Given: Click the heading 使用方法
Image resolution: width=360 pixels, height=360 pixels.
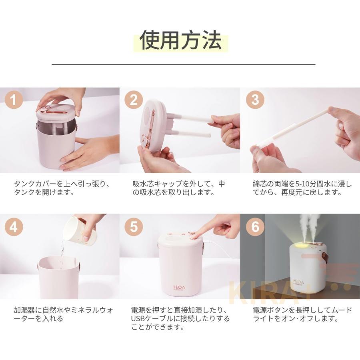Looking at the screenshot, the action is click(x=181, y=40).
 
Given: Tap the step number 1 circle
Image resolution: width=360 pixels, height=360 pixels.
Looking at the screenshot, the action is click(x=14, y=100).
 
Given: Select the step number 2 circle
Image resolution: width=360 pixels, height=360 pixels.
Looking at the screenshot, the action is click(x=134, y=100).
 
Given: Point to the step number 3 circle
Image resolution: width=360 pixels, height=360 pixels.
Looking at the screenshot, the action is click(x=255, y=100).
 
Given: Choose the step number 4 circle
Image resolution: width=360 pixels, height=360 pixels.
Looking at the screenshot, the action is click(x=14, y=227).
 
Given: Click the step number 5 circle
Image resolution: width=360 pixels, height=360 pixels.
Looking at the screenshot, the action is click(x=134, y=227).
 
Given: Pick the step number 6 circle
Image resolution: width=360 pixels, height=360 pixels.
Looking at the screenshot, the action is click(x=255, y=227).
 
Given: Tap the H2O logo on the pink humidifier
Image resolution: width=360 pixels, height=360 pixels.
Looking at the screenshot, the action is click(x=179, y=288).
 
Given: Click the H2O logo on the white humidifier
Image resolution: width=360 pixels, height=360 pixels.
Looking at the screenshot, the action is click(x=298, y=282).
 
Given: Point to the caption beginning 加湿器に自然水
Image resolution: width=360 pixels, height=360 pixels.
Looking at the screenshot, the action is click(x=64, y=314).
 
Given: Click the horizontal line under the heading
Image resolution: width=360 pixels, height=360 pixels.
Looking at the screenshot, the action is click(x=184, y=64).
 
